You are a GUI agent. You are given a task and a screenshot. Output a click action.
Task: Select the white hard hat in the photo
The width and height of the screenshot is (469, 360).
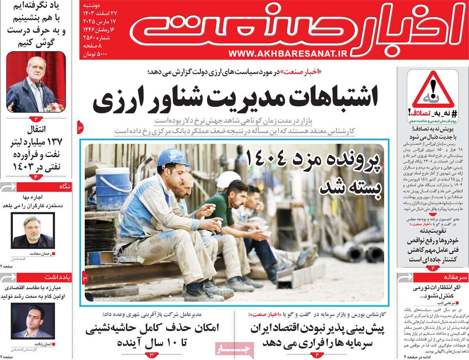click(x=228, y=178)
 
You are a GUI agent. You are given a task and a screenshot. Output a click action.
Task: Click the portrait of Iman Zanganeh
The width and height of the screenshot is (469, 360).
click(x=32, y=321)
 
